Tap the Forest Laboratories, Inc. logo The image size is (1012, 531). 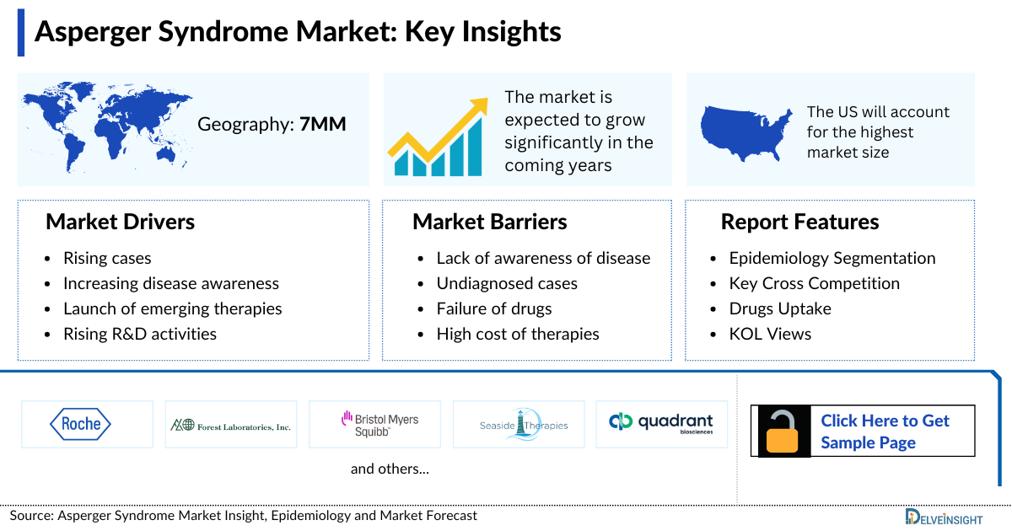[x=231, y=425]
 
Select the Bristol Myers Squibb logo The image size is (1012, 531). [x=379, y=424]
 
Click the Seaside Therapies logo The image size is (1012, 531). [x=523, y=425]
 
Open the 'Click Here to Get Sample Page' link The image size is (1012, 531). [x=885, y=432]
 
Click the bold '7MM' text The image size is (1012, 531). [x=323, y=125]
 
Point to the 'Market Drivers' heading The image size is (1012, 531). [x=121, y=222]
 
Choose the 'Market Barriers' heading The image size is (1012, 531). [x=489, y=222]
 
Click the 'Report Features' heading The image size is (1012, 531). [x=799, y=222]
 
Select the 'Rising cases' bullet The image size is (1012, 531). [x=107, y=258]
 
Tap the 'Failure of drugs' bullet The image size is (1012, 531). [x=493, y=308]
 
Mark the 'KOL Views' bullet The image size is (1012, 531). [x=770, y=334]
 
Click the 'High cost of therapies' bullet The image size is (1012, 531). [x=517, y=334]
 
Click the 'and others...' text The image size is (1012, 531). [x=390, y=469]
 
